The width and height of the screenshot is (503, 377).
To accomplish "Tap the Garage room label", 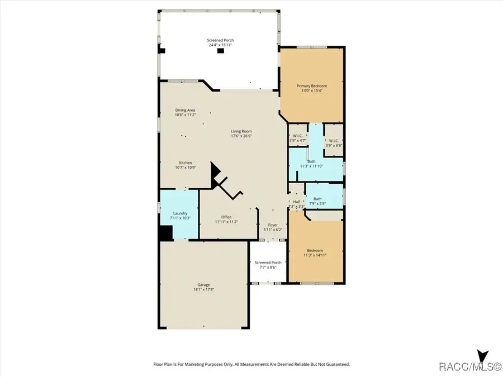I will [203, 285].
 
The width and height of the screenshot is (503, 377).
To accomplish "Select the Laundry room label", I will [180, 213].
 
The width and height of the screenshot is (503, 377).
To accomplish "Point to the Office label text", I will [226, 217].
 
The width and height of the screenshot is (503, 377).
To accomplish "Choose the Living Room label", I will [241, 131].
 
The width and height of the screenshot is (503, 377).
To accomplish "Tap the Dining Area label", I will [185, 110].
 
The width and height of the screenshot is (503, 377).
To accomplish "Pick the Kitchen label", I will [186, 163].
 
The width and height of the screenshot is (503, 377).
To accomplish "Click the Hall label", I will [296, 202].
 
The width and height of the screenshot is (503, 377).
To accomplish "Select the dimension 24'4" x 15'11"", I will [220, 45].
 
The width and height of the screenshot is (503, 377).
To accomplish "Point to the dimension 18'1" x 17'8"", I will [203, 289].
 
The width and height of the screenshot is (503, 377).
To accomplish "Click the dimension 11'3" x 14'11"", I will [315, 255].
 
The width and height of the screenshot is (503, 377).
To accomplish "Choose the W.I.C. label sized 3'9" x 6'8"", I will [334, 141].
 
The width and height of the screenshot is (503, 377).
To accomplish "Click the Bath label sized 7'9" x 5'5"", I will [317, 199].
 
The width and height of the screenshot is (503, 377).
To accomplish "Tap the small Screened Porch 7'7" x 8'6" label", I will [268, 263].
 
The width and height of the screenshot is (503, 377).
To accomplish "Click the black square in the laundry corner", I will [165, 233].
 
